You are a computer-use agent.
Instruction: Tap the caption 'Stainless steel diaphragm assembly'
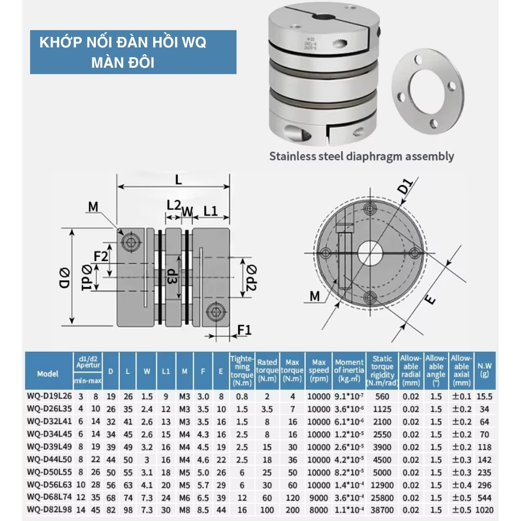[362, 156]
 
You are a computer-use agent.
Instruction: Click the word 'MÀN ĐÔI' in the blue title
[123, 63]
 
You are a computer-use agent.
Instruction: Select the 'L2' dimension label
[173, 205]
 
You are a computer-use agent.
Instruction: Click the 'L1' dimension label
[210, 211]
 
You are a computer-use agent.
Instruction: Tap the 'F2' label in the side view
[101, 256]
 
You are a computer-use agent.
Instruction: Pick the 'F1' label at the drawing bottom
[244, 329]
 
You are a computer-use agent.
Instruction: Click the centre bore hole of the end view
[370, 253]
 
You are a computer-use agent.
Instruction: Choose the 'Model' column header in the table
[48, 374]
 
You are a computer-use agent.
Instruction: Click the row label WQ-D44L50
[48, 460]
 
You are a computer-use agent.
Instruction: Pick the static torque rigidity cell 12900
[382, 485]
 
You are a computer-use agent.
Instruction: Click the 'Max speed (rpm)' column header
[319, 370]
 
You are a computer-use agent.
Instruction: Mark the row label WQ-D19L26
[48, 396]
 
